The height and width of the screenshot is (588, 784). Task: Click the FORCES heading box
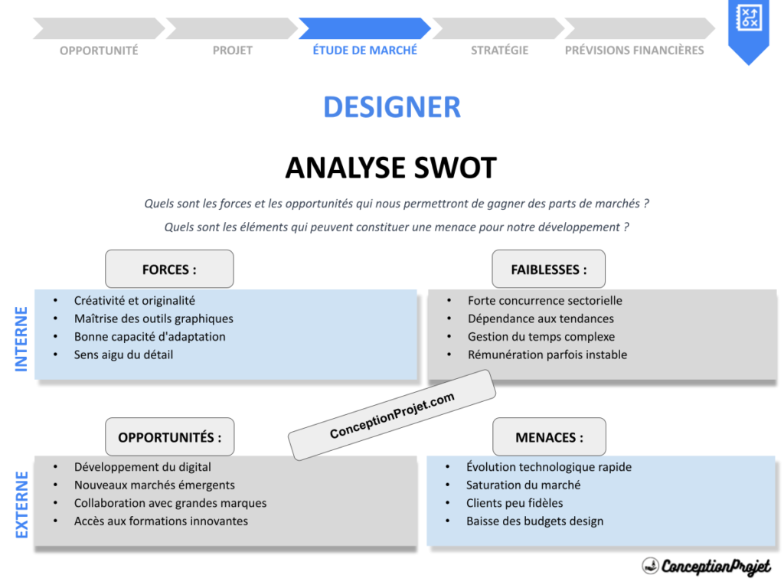point(169,269)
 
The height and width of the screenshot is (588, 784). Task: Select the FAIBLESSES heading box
point(548,269)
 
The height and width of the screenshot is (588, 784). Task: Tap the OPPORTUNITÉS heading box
point(169,437)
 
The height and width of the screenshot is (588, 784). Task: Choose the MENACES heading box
point(548,437)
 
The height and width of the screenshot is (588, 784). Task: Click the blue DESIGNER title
point(391,107)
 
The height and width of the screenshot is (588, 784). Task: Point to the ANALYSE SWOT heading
point(390,168)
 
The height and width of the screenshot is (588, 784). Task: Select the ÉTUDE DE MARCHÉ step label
point(364,50)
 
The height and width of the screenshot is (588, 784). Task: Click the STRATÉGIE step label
point(499,50)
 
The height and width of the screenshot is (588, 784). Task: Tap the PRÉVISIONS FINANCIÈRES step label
point(634,50)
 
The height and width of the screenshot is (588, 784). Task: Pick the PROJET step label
point(232,50)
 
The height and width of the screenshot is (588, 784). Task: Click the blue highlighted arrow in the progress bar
point(364,28)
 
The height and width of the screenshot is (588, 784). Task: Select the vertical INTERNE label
point(21,339)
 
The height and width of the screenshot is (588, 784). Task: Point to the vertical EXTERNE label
point(21,505)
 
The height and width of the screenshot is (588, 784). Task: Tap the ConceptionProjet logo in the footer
point(705,567)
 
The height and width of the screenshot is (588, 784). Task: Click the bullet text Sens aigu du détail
point(123,354)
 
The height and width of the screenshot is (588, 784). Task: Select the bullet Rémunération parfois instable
point(547,354)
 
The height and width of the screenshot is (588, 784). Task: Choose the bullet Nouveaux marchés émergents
point(154,485)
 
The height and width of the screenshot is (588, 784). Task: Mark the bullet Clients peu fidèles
point(514,503)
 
